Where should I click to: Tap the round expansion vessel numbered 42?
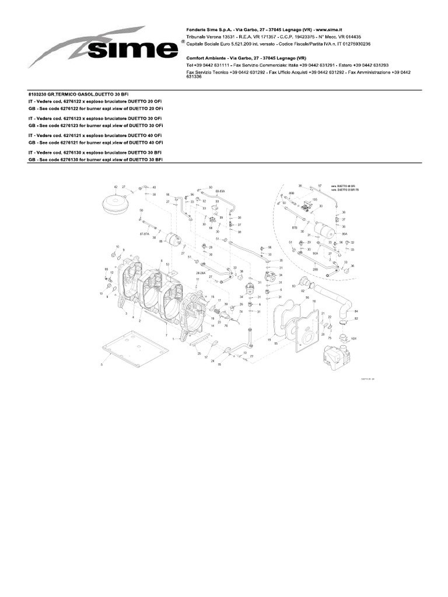click(116, 201)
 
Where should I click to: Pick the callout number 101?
click(353, 338)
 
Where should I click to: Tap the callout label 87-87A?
click(145, 234)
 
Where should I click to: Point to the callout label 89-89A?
click(220, 191)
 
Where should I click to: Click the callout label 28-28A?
click(201, 271)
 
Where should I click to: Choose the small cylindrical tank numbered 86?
click(173, 239)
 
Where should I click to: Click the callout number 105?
click(314, 199)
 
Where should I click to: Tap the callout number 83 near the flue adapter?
click(293, 286)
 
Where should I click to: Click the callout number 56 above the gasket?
click(306, 297)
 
